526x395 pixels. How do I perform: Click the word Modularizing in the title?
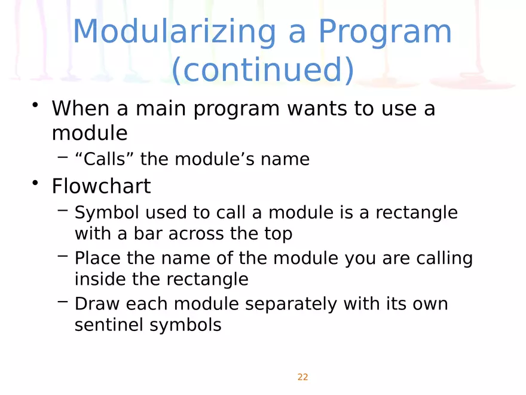[175, 32]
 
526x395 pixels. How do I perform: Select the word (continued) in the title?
[263, 70]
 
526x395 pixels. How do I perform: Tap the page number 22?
[302, 377]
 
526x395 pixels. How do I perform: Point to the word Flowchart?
[101, 186]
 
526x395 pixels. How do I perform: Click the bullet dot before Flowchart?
[35, 183]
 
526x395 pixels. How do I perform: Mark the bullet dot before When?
[35, 105]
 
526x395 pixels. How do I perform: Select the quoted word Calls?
[105, 159]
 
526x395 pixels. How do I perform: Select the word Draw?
[97, 304]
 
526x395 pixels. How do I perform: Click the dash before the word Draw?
[63, 301]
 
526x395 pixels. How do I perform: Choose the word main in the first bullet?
[161, 109]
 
